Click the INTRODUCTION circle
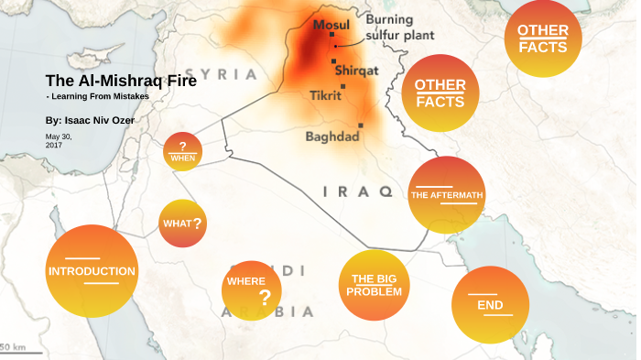coord(92,271)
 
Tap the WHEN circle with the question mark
coord(182,152)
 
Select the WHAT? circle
coord(182,224)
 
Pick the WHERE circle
coord(251,289)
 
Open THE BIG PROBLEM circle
coord(375,285)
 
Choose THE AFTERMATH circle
coord(446,194)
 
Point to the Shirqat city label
coord(356,70)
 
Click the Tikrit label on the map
coord(325,95)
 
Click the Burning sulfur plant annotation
coord(399,27)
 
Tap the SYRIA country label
coord(221,73)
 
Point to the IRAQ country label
coord(358,191)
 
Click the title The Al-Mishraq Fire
coord(120,80)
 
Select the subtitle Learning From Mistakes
coord(97,96)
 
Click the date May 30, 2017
coord(59,140)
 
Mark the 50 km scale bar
coord(13,347)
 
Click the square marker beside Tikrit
coord(342,87)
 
